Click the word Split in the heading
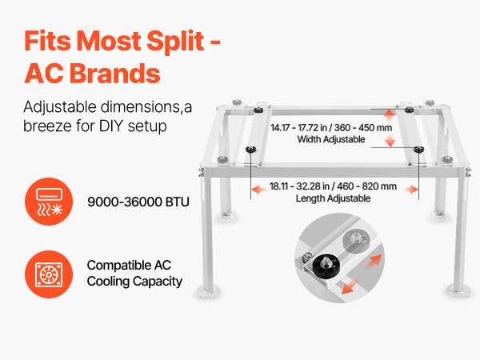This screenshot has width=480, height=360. (x=175, y=42)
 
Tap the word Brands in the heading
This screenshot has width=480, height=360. (x=114, y=74)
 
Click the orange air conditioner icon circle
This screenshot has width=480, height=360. (x=49, y=202)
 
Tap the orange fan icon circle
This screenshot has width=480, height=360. (x=49, y=274)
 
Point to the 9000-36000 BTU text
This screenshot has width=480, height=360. (x=138, y=202)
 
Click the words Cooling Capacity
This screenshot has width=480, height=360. (x=134, y=282)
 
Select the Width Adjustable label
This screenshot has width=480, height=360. (x=331, y=139)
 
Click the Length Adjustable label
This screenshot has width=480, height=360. (x=333, y=198)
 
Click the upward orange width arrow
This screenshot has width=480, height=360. (x=390, y=116)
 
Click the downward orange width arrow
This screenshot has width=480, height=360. (x=390, y=140)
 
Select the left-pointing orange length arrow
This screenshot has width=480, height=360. (x=258, y=190)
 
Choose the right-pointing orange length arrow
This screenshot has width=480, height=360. (x=410, y=190)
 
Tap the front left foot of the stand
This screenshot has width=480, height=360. (x=208, y=291)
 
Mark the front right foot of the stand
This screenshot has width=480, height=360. (x=458, y=290)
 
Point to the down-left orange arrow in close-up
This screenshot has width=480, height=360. (x=350, y=287)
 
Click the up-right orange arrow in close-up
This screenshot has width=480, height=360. (x=374, y=262)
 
